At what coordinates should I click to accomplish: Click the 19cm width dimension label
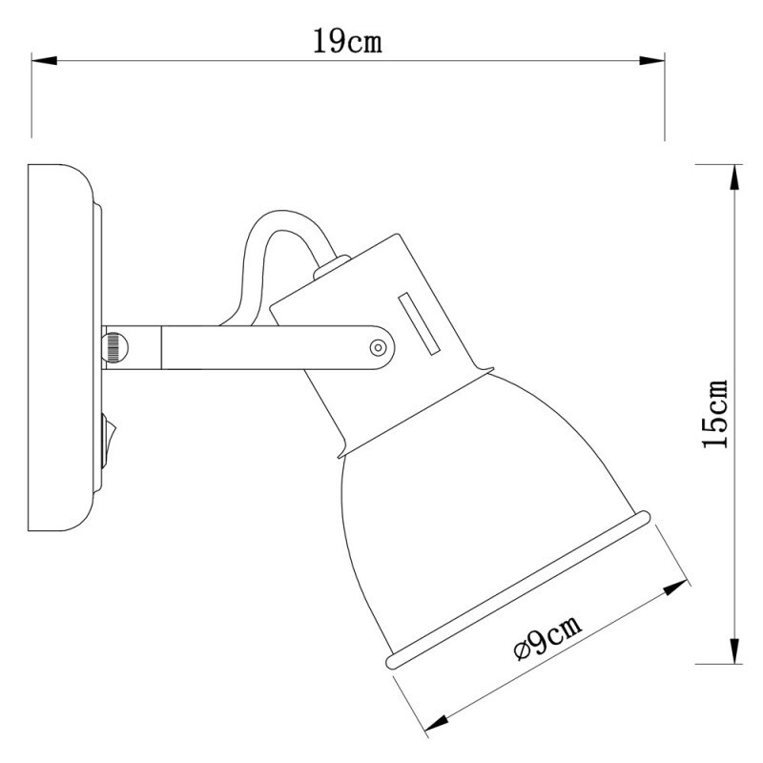click(348, 41)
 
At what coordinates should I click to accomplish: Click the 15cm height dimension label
click(714, 413)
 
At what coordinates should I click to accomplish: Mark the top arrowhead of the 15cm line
click(734, 173)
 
